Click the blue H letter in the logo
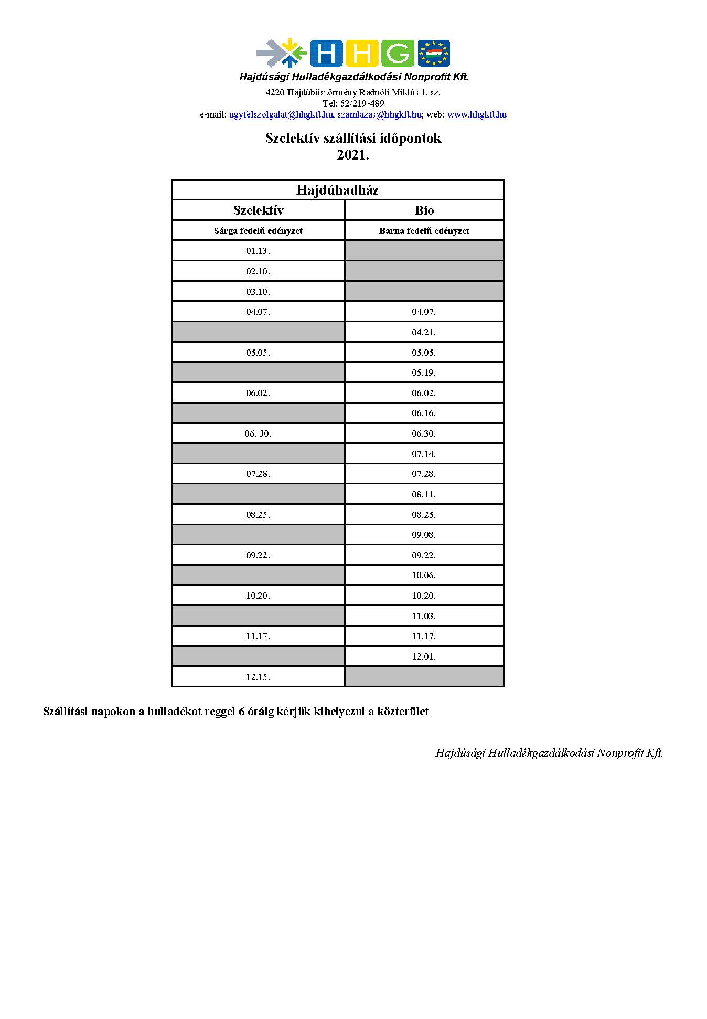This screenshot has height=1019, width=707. point(326,54)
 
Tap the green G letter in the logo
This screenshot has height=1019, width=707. point(398,54)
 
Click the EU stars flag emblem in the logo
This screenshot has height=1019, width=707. point(434,54)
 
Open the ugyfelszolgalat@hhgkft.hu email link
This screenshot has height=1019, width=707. point(281,114)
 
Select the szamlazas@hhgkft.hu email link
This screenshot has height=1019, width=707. point(380,114)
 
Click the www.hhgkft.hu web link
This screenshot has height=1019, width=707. point(477,114)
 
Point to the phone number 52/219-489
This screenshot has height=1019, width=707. point(362,103)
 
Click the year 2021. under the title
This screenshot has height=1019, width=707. point(353,155)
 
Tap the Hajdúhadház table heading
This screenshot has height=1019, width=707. point(337,190)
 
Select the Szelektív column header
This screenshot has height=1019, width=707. point(258,210)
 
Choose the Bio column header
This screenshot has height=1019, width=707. point(424,210)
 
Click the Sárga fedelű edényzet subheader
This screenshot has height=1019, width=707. point(258,231)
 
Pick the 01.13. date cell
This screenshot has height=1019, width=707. point(258,251)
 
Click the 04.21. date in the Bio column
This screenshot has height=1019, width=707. point(424,332)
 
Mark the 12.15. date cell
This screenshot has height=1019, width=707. point(258,677)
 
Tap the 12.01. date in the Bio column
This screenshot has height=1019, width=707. point(424,656)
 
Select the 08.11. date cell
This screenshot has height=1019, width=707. point(424,494)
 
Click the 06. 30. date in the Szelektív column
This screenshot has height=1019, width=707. point(258,433)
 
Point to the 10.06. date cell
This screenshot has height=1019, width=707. point(424,575)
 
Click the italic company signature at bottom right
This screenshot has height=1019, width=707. point(549,753)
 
